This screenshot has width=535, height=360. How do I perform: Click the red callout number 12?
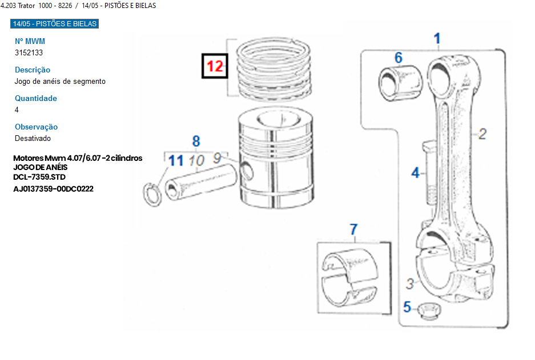click(215, 66)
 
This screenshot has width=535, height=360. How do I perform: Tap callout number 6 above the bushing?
click(399, 58)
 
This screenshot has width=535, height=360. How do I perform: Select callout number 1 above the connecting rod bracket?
click(437, 39)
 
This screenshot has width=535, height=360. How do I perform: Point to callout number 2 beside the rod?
click(482, 134)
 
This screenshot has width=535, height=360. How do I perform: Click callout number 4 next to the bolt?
click(415, 172)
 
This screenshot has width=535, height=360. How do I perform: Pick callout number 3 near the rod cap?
click(410, 284)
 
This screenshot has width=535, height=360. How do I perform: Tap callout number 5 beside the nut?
click(407, 307)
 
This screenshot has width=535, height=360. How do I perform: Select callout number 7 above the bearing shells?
click(354, 229)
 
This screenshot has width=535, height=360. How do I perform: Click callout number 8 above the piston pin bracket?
click(196, 141)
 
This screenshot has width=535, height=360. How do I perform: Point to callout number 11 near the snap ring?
click(176, 160)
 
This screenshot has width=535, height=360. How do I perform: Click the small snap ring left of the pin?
click(152, 195)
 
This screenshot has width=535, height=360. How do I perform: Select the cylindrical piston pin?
click(201, 181)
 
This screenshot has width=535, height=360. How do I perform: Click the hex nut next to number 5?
click(429, 311)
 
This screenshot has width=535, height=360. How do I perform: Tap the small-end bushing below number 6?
click(400, 83)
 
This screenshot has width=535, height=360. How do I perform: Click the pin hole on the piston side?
click(247, 171)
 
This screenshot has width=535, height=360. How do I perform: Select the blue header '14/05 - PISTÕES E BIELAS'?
click(55, 23)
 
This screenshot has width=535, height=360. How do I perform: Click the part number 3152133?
click(29, 52)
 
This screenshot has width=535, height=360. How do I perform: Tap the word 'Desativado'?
click(33, 139)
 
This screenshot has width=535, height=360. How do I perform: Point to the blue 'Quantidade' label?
click(36, 98)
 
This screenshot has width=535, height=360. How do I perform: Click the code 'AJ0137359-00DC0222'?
click(53, 189)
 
